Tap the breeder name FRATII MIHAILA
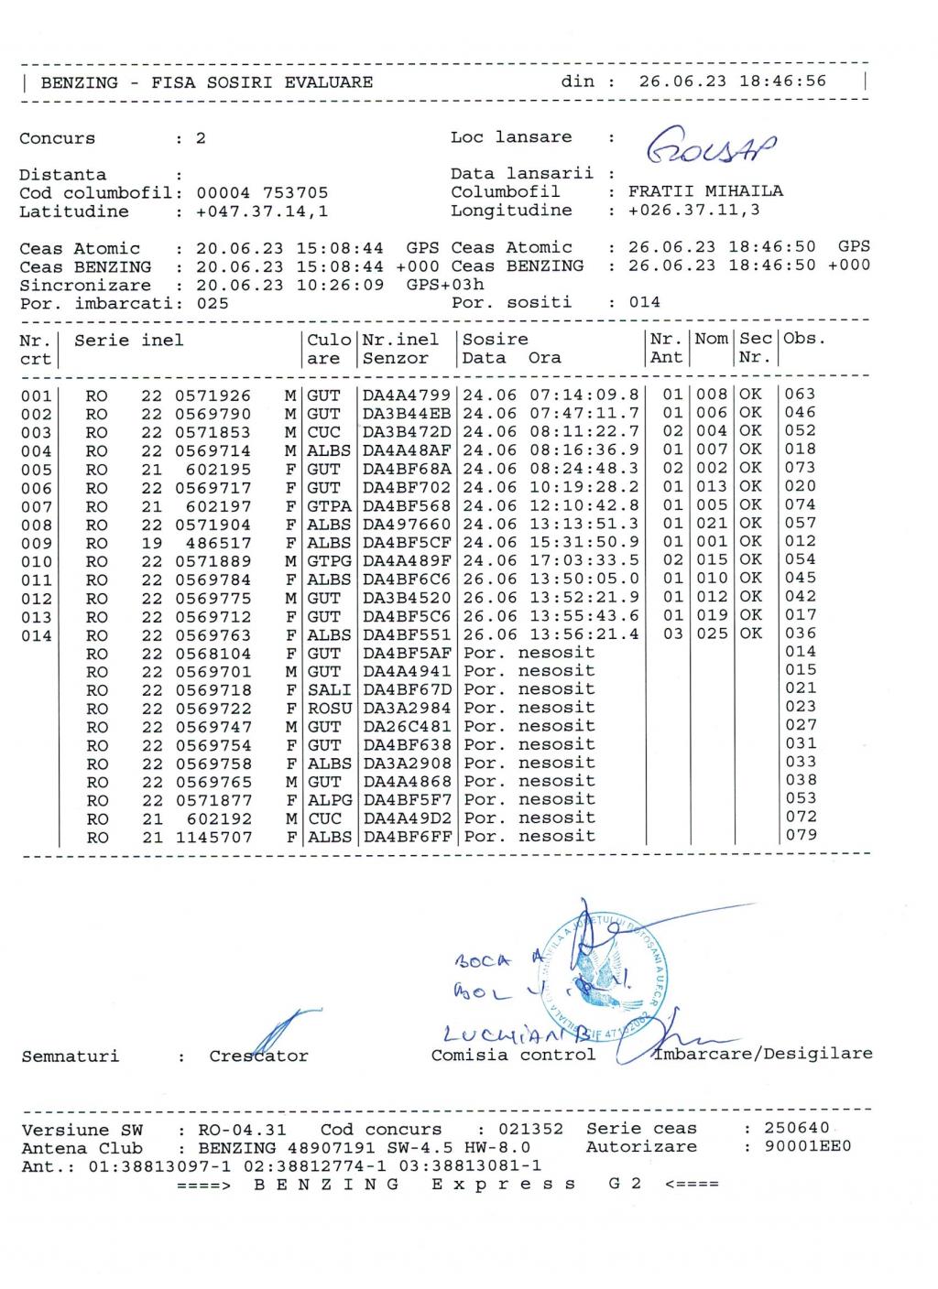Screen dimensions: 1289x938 click(705, 191)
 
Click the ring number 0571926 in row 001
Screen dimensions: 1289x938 click(213, 395)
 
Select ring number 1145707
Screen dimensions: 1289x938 click(213, 837)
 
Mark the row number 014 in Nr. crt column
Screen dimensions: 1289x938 click(37, 635)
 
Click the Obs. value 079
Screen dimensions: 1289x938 click(801, 835)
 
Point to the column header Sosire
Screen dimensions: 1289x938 click(495, 340)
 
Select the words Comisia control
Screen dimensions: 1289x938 click(513, 1055)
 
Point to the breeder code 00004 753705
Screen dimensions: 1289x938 click(262, 193)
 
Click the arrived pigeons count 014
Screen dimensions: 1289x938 click(645, 302)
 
